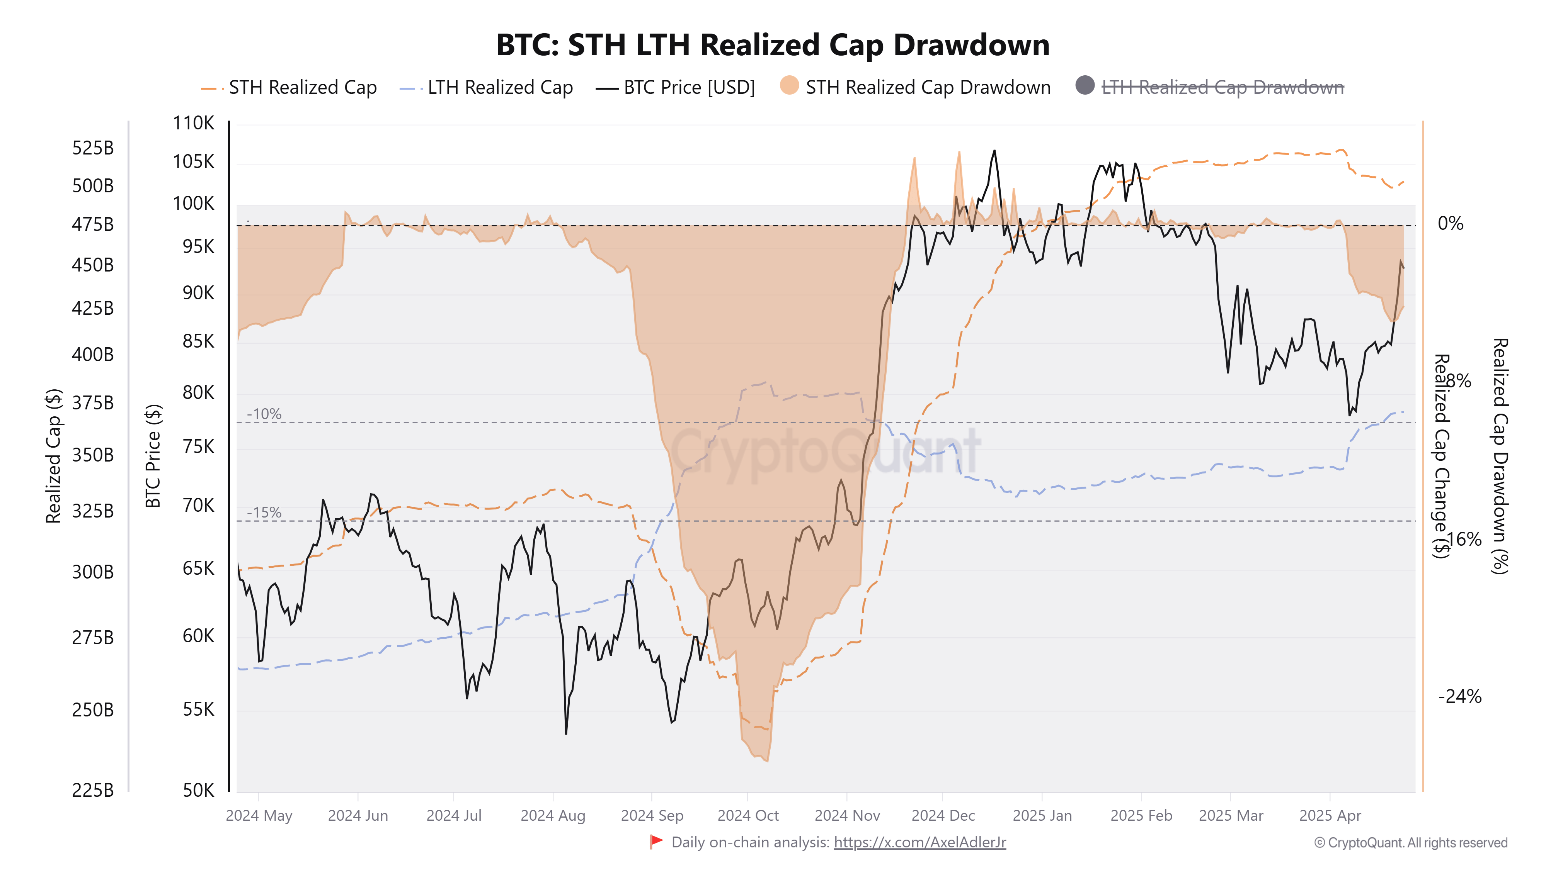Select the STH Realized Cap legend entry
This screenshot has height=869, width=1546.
302,88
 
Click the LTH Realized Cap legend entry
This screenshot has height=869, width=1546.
499,88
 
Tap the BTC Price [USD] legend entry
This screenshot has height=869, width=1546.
688,88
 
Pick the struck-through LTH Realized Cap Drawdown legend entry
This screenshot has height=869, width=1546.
1222,88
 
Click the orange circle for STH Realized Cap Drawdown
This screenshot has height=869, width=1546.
789,86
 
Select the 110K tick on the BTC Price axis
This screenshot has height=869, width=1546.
193,123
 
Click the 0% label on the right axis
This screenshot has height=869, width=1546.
1450,224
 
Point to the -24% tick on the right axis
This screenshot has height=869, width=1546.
1459,697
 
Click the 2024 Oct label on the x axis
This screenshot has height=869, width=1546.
748,816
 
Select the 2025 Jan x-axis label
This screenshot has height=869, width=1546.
1042,816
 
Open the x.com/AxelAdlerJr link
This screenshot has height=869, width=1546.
919,843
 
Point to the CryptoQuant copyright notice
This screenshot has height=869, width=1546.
1410,843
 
